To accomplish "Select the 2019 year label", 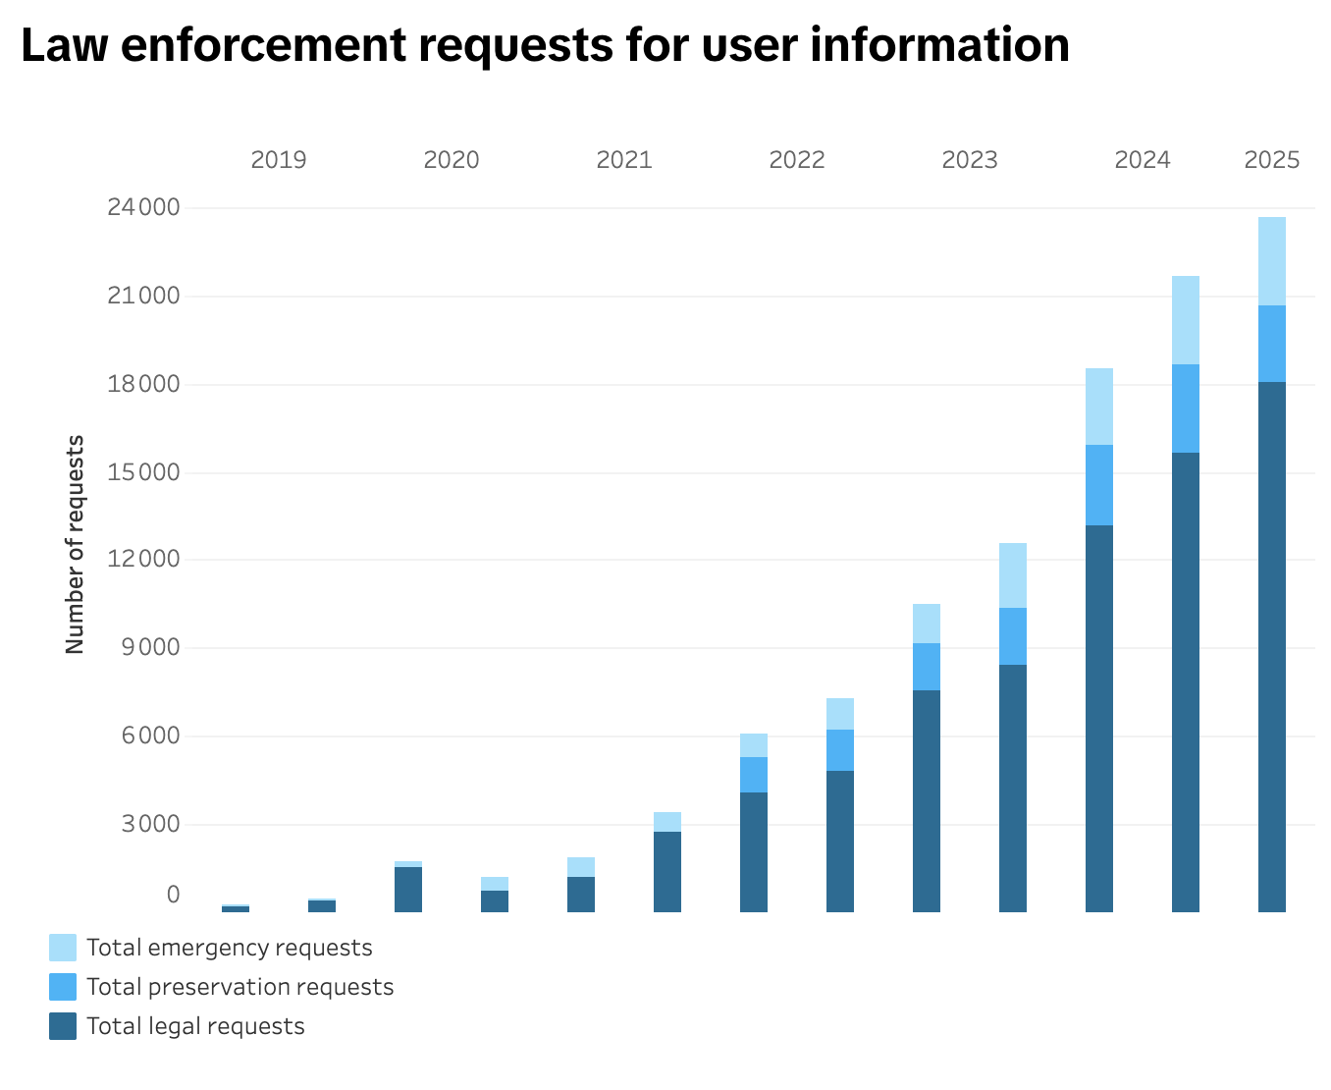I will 279,160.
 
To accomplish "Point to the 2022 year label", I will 797,160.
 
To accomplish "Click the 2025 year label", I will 1272,160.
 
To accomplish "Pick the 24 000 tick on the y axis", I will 144,207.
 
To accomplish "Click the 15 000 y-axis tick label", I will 144,472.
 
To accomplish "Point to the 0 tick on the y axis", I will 174,895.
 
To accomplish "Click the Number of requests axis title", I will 76,545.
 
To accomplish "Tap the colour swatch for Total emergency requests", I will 63,948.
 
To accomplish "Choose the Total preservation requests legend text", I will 240,987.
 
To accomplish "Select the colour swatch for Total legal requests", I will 63,1026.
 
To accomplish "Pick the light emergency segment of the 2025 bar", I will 1272,261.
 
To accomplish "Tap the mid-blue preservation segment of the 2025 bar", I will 1272,344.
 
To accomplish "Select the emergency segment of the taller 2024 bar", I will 1186,320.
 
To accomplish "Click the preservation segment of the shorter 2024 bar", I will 1099,485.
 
